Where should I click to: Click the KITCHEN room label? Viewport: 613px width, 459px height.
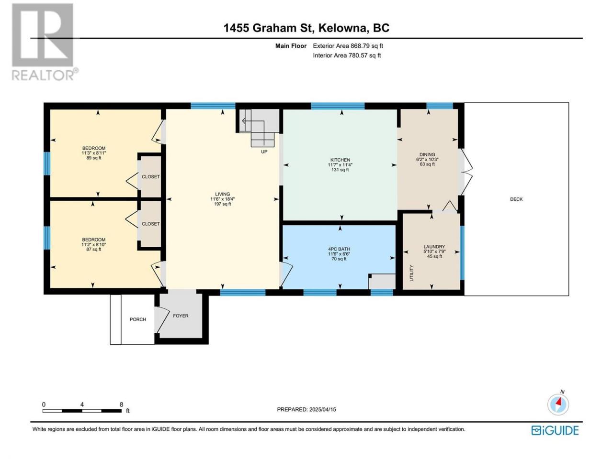click(340, 160)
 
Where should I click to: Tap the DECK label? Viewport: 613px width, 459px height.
click(516, 199)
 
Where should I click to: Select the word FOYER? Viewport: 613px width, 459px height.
click(181, 316)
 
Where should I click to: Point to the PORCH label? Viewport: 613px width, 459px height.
click(137, 319)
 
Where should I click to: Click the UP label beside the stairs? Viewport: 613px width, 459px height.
click(264, 152)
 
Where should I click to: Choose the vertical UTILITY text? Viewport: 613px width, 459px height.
click(411, 273)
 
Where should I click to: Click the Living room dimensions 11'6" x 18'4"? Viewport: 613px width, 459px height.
click(223, 199)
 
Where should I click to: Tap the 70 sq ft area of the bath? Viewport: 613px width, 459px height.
click(339, 259)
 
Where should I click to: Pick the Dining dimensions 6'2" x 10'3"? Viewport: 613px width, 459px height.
click(427, 159)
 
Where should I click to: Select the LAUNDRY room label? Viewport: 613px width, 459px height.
click(434, 247)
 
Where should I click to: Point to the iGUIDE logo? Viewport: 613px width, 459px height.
click(555, 431)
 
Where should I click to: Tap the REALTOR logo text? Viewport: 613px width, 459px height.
click(43, 75)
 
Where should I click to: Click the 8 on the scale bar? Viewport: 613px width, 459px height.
click(121, 404)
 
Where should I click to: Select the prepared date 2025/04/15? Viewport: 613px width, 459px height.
click(323, 409)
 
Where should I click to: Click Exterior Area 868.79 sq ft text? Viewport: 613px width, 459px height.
click(348, 46)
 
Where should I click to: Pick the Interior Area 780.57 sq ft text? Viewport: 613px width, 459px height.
click(347, 55)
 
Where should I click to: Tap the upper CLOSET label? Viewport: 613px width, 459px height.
click(150, 177)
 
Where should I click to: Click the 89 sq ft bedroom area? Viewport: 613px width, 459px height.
click(94, 158)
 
